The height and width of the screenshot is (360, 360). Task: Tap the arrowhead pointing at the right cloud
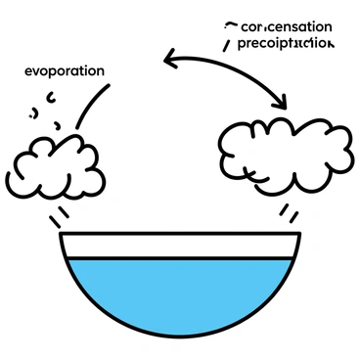point(282,102)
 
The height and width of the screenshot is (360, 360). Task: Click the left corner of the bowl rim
point(62,235)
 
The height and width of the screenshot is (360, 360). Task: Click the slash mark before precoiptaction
point(228,44)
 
